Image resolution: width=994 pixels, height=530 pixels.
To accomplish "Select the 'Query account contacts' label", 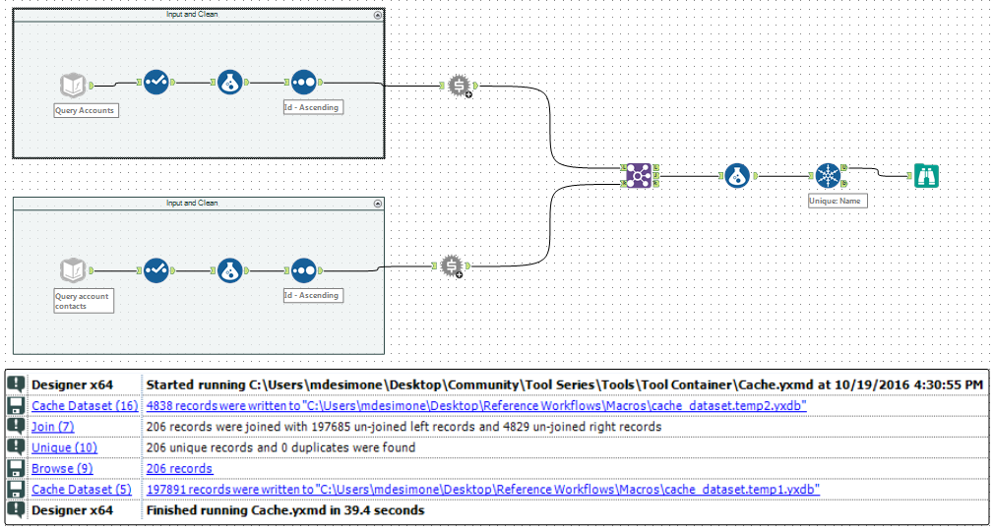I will click(x=84, y=300).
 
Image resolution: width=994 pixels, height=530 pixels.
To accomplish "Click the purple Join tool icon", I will click(x=639, y=176).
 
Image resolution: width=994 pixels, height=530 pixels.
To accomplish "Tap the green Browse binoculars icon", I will click(x=926, y=176).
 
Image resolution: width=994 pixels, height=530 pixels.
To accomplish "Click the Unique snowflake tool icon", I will click(x=830, y=176).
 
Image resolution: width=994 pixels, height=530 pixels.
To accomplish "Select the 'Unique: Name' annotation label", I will click(x=836, y=200).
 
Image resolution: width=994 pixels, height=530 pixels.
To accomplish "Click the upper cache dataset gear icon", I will click(x=459, y=86).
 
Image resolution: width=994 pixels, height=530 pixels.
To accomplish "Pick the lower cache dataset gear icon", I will click(x=451, y=265).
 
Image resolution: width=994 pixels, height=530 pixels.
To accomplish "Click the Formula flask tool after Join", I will click(x=738, y=176).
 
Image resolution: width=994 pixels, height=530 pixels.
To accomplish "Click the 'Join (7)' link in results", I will click(x=52, y=427).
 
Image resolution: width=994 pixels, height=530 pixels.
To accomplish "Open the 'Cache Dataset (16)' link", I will click(x=85, y=405).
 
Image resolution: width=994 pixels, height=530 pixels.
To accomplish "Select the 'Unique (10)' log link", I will click(x=63, y=447).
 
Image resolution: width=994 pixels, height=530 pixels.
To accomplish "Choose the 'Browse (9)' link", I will click(x=62, y=468).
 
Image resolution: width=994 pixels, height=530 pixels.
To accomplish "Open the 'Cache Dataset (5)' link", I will click(x=81, y=489).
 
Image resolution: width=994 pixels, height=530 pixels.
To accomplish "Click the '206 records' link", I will click(x=179, y=468).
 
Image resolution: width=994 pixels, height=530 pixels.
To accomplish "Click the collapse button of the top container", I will click(x=378, y=16).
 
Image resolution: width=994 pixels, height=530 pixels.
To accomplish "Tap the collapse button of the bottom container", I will click(x=378, y=204).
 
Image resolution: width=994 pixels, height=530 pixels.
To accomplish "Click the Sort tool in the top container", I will click(x=303, y=84).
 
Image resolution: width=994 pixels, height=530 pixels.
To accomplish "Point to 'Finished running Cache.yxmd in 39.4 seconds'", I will click(x=285, y=510).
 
